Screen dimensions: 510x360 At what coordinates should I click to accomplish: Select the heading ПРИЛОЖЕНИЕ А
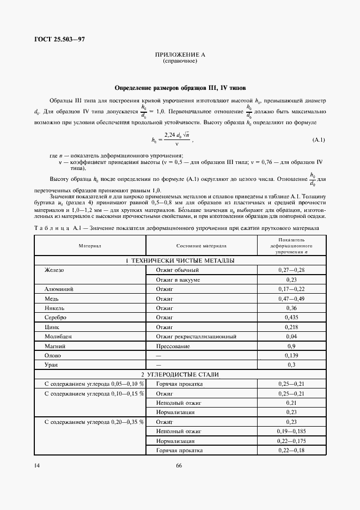coord(180,55)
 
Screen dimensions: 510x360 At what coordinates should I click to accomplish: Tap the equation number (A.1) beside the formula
coord(319,141)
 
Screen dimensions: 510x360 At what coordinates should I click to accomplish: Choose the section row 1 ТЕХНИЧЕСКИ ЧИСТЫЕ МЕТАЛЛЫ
coord(180,261)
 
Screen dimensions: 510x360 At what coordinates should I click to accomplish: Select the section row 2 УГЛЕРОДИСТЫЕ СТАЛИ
coord(180,375)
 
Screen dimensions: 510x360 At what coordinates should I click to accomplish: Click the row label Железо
coord(54,270)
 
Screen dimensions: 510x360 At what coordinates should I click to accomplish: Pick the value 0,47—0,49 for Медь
coord(291,299)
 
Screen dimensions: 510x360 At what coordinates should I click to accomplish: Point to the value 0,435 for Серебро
coord(291,318)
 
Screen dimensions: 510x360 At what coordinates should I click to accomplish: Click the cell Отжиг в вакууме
coord(178,280)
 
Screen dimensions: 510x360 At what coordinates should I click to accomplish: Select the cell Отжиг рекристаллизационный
coord(192,337)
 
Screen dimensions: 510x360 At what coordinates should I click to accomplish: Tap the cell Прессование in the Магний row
coord(173,346)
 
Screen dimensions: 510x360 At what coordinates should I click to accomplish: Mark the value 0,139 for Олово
coord(291,356)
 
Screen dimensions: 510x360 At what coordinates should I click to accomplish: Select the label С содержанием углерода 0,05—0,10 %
coord(94,384)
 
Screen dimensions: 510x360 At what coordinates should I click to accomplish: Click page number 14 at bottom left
coord(36,466)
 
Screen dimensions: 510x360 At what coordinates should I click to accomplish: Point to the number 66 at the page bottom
coord(179,466)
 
